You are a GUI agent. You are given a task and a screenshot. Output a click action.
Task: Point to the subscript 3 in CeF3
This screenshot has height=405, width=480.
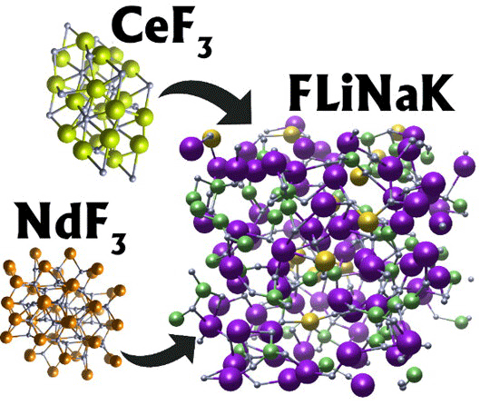coord(204,46)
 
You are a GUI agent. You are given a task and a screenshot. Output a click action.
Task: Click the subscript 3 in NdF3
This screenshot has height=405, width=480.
coord(118,242)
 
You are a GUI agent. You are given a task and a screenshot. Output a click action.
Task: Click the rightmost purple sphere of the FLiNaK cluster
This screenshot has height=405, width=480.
coord(465,166)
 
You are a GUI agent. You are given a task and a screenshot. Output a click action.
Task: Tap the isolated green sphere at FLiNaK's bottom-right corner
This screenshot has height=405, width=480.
coord(414,374)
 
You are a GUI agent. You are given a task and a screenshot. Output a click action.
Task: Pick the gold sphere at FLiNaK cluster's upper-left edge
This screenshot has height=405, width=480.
coord(211,138)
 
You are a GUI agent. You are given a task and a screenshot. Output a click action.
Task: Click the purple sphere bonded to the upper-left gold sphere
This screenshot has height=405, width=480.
coord(192,149)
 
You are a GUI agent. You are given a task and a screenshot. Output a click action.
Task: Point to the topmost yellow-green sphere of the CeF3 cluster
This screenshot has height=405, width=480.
coord(85,43)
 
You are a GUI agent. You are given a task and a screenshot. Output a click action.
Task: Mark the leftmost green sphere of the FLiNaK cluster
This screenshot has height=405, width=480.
coord(177,320)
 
